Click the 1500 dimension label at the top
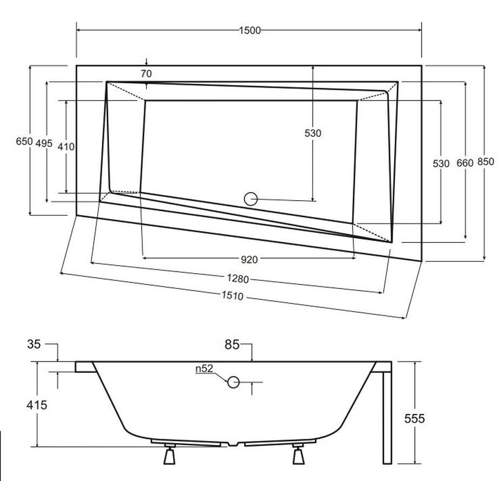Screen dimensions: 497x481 pyautogui.click(x=250, y=30)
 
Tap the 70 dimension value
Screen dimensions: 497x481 pyautogui.click(x=146, y=74)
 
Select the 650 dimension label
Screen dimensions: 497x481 pyautogui.click(x=24, y=141)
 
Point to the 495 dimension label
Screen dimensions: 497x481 pyautogui.click(x=44, y=143)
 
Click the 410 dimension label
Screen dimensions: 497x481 pyautogui.click(x=66, y=147)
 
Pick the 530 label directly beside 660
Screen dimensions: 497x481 pyautogui.click(x=441, y=163)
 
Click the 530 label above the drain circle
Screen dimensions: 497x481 pyautogui.click(x=313, y=133)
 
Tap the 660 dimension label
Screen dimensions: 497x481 pyautogui.click(x=465, y=163)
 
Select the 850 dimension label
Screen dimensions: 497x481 pyautogui.click(x=486, y=162)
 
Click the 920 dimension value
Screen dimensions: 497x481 pyautogui.click(x=249, y=260)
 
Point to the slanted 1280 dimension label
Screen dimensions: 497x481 pyautogui.click(x=238, y=279)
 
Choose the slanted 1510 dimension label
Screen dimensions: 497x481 pyautogui.click(x=233, y=295)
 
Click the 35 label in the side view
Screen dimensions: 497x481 pyautogui.click(x=34, y=344)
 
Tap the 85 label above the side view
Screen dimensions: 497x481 pyautogui.click(x=232, y=344)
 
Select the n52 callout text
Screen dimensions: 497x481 pyautogui.click(x=204, y=368)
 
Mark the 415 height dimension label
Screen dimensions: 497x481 pyautogui.click(x=37, y=405)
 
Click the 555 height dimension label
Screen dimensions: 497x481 pyautogui.click(x=414, y=419)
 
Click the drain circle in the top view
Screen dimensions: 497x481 pyautogui.click(x=251, y=199)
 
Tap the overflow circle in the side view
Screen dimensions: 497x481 pyautogui.click(x=233, y=382)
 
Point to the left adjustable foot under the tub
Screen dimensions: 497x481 pyautogui.click(x=170, y=454)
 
